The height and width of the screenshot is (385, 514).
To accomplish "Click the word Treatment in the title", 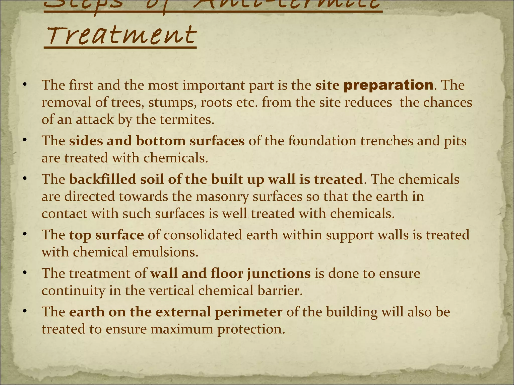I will click(120, 36).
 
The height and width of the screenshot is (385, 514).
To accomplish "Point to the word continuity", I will click(73, 291).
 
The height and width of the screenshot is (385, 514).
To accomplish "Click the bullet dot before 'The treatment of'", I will click(24, 273).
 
